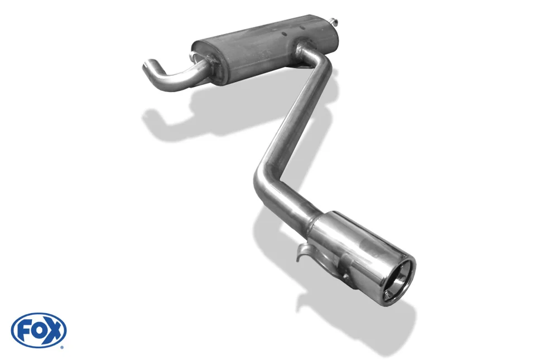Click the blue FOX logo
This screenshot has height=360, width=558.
tap(39, 330)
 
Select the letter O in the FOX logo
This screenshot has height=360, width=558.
tap(39, 331)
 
